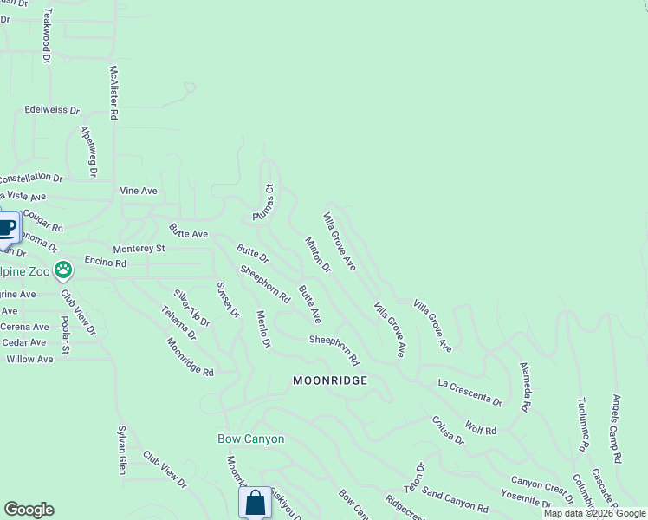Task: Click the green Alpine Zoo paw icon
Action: point(62,270)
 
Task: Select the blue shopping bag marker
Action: point(256,503)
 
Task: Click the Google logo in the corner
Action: point(29,510)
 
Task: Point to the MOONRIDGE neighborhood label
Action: point(330,380)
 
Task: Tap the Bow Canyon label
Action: point(250,439)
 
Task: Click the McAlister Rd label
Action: point(113,93)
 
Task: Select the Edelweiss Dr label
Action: point(52,111)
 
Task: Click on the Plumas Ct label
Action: point(262,202)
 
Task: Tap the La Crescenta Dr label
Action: point(470,392)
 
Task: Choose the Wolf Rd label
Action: point(480,429)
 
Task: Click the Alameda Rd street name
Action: point(525,387)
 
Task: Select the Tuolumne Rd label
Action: point(584,426)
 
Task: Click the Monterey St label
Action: point(139,248)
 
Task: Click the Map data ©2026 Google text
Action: point(594,513)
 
